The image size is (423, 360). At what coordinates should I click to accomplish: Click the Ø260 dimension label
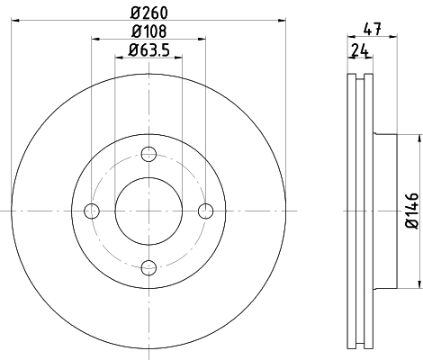(x=149, y=13)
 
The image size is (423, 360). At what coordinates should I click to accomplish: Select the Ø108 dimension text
(x=148, y=31)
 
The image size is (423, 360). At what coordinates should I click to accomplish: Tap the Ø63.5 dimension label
(x=149, y=49)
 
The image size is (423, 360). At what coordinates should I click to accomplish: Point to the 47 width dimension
(x=372, y=29)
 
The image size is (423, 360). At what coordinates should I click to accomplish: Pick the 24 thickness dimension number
(x=360, y=50)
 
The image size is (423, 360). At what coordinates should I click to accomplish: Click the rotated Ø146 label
(x=412, y=211)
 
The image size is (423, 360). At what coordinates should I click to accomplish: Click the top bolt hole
(x=148, y=154)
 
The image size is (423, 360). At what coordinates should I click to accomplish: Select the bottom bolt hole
(x=148, y=267)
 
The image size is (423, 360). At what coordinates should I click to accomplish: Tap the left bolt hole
(x=92, y=211)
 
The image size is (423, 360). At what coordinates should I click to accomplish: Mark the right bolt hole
(x=205, y=211)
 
